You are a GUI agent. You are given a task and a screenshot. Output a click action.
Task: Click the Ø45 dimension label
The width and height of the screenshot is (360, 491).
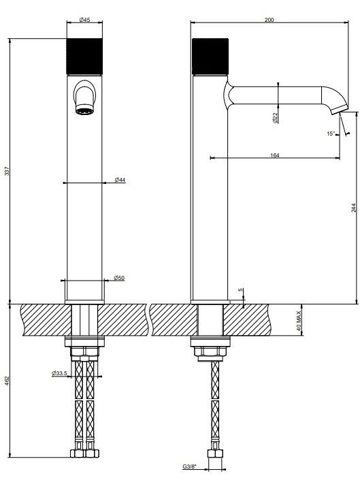[x=84, y=20]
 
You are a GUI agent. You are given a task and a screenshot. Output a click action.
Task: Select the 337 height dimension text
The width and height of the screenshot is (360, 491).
[x=7, y=172]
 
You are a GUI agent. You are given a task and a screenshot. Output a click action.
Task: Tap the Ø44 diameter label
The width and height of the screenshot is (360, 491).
[x=120, y=180]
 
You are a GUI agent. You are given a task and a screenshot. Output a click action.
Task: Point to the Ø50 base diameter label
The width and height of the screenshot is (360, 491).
[x=119, y=278]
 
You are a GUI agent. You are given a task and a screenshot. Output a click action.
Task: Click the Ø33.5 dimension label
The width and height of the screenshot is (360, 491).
[x=59, y=373]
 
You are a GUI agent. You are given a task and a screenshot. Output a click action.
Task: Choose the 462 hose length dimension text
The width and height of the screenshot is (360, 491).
[x=7, y=381]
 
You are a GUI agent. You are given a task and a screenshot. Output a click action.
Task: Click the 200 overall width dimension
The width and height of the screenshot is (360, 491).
[x=269, y=20]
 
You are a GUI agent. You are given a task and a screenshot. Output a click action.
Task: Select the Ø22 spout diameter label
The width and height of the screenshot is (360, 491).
[x=275, y=118]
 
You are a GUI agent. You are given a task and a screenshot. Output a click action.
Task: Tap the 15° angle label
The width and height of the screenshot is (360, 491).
[x=331, y=133]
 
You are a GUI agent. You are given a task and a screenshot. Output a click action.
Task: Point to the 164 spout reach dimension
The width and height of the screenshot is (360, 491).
[x=274, y=155]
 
